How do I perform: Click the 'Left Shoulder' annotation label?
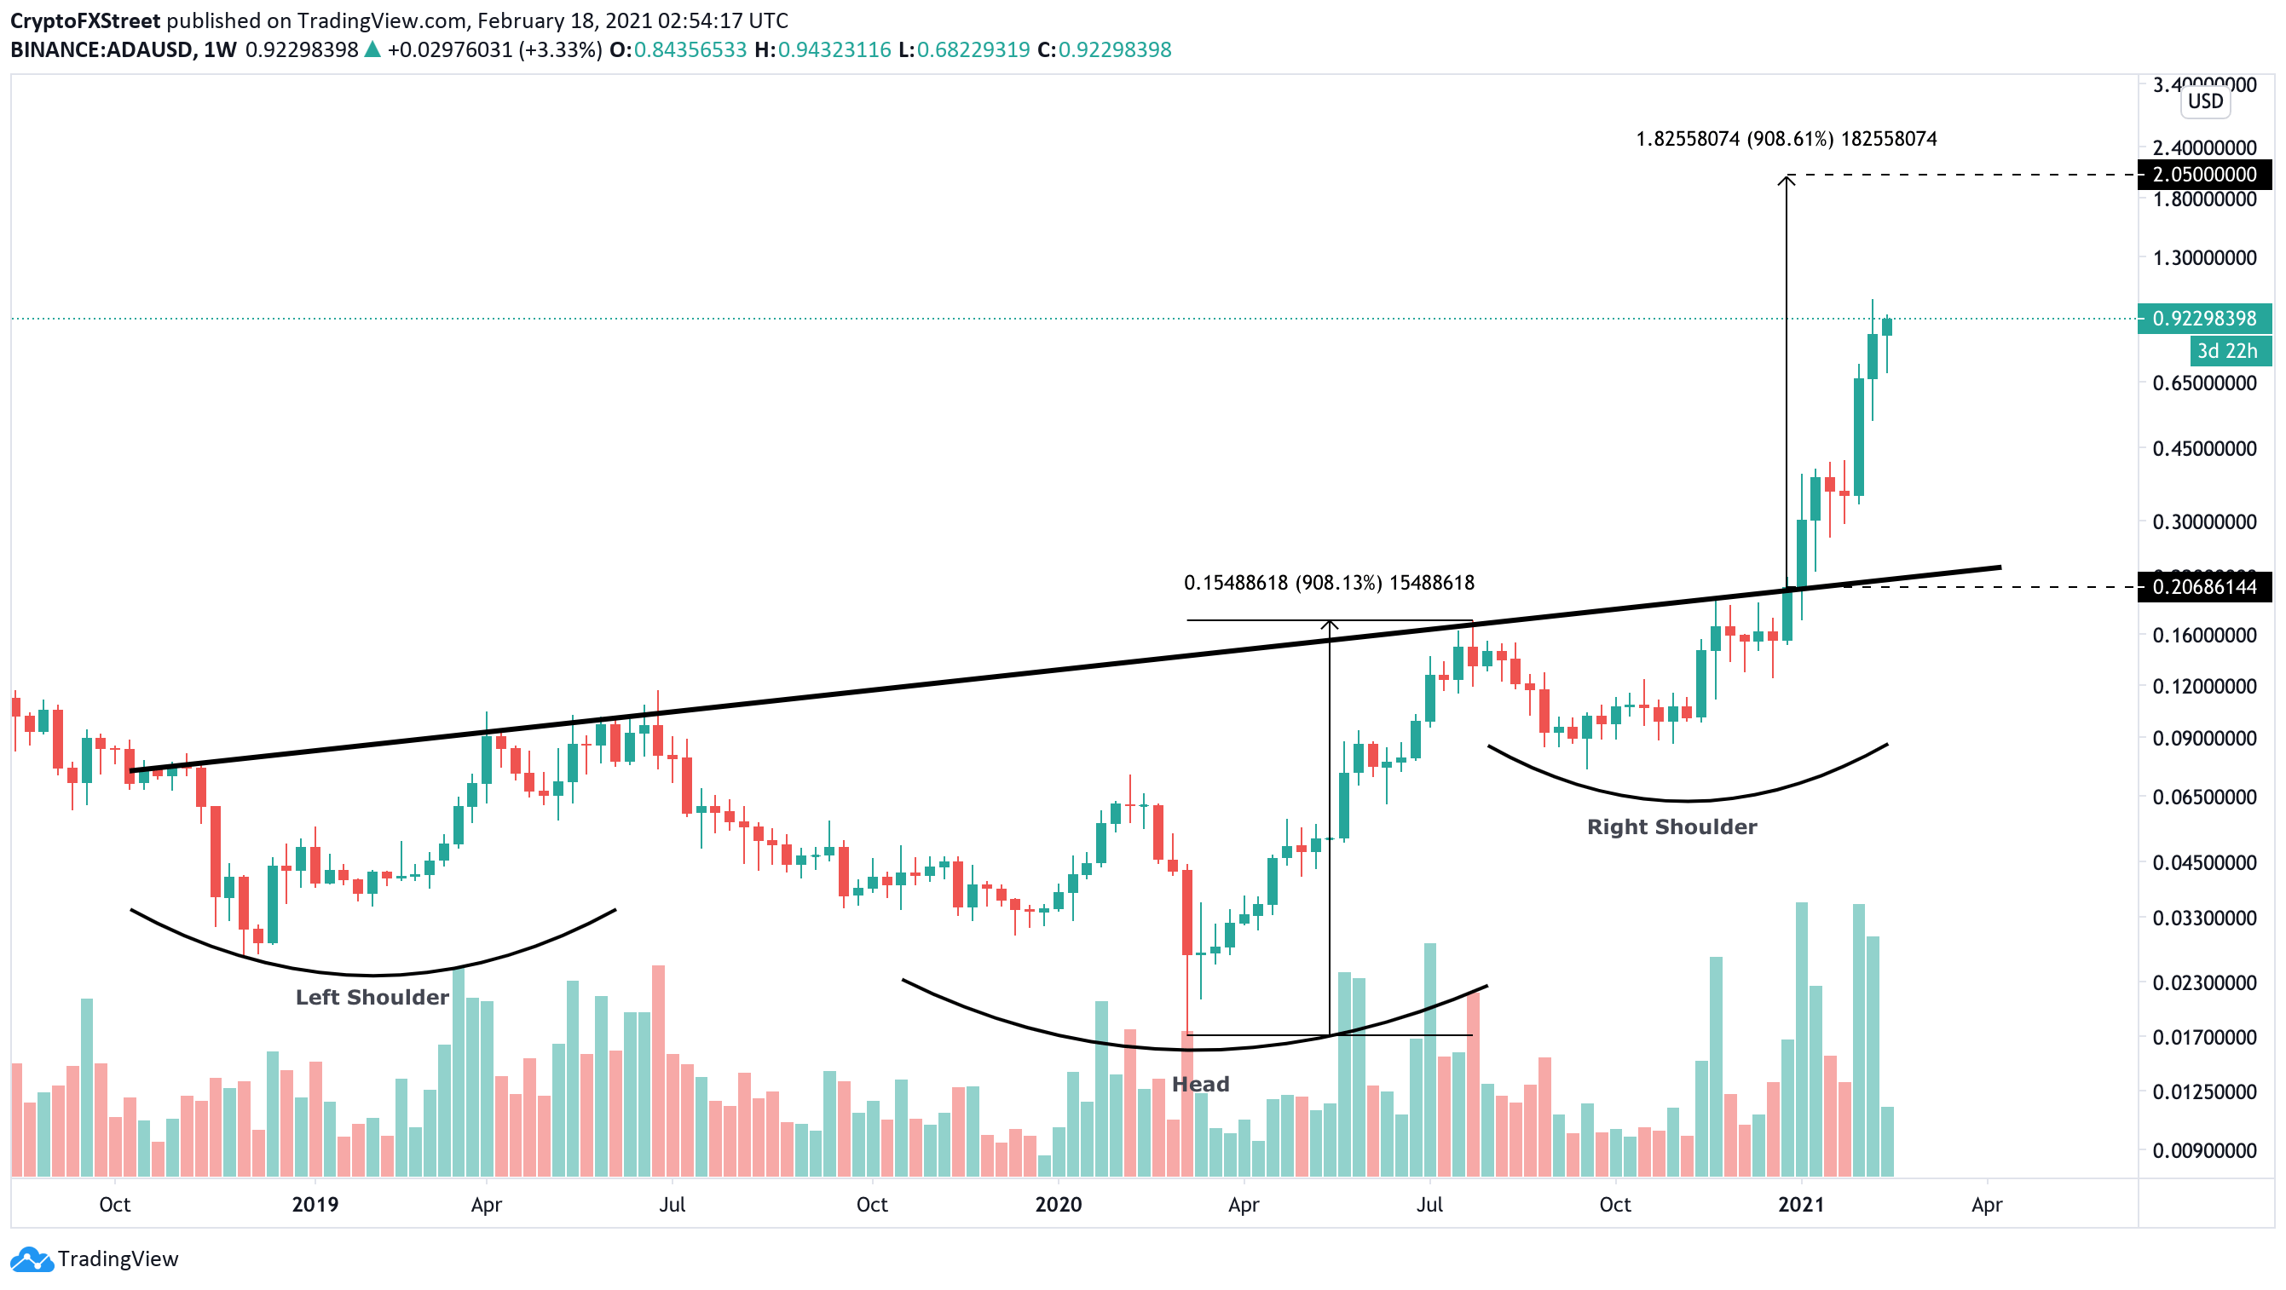372,997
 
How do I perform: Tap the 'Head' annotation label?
1200,1084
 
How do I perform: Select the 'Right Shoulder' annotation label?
1671,826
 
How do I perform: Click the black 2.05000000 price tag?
2204,175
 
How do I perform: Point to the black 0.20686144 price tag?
2204,587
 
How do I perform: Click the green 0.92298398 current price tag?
2204,319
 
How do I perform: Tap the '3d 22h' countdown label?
2226,351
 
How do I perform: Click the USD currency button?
2205,101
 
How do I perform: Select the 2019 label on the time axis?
315,1204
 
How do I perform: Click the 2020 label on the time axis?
1058,1204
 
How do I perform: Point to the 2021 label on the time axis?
1800,1204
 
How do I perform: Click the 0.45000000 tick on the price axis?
2204,449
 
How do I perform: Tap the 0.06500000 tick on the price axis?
2204,798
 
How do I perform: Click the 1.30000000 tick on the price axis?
2204,258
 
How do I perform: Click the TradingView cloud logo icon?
31,1259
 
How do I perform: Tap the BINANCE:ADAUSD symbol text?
101,49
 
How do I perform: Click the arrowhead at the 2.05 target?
1786,181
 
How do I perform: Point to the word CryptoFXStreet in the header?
85,20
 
